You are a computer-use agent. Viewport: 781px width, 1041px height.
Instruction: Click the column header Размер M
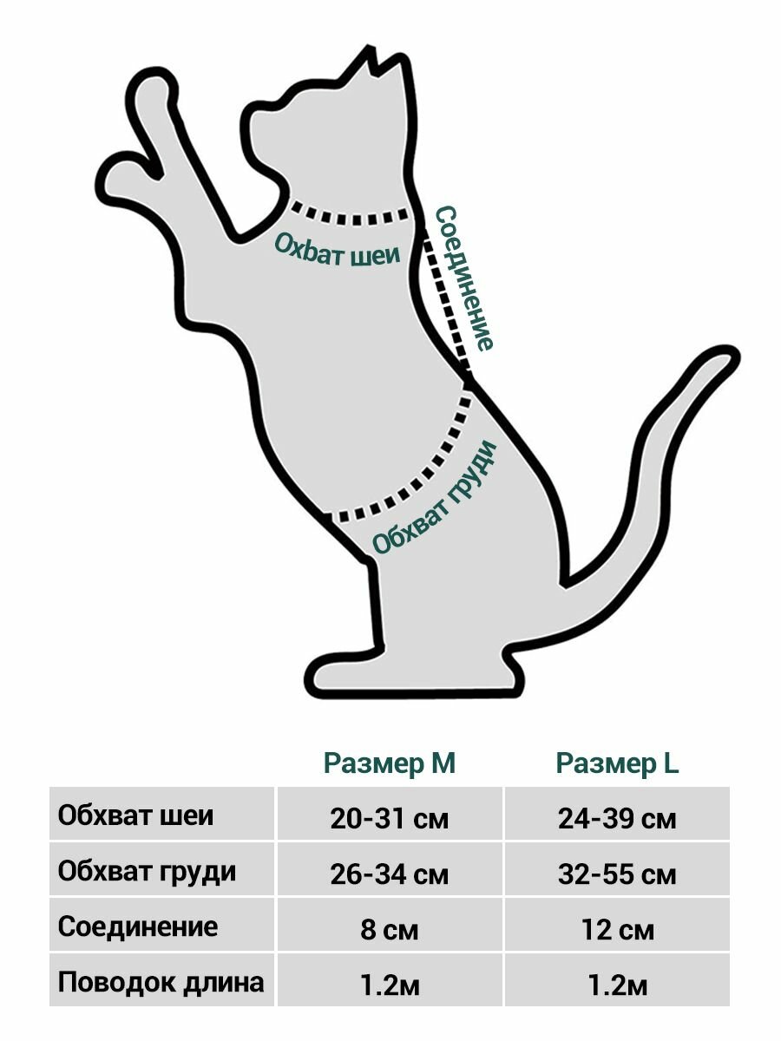click(x=389, y=763)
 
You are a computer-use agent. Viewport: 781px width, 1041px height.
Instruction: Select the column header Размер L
click(x=617, y=763)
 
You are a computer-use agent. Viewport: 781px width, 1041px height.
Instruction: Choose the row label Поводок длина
click(x=161, y=982)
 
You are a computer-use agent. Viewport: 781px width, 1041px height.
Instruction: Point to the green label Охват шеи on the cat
click(x=338, y=250)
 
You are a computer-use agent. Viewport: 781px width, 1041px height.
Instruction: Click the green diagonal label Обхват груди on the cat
click(x=434, y=497)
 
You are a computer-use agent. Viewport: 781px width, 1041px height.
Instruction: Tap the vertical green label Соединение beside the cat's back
click(x=463, y=278)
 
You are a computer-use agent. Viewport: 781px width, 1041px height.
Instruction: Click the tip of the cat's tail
click(x=731, y=355)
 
